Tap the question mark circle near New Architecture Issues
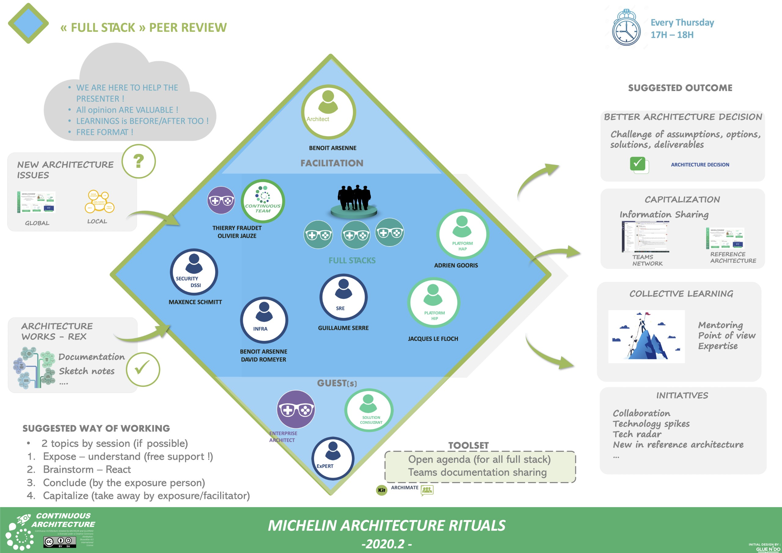(139, 161)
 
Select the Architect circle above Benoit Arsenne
(328, 112)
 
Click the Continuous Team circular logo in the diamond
(263, 201)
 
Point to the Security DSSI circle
(194, 272)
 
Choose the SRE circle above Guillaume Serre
(343, 297)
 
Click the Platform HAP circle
(462, 234)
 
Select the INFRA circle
(264, 320)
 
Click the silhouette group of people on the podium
(354, 198)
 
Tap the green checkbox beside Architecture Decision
(638, 164)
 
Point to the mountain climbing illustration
(646, 336)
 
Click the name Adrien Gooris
(456, 266)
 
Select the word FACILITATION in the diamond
(332, 163)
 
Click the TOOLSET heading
(468, 445)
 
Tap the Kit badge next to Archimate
(382, 490)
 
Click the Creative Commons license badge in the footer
(60, 541)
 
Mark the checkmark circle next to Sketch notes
(143, 369)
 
